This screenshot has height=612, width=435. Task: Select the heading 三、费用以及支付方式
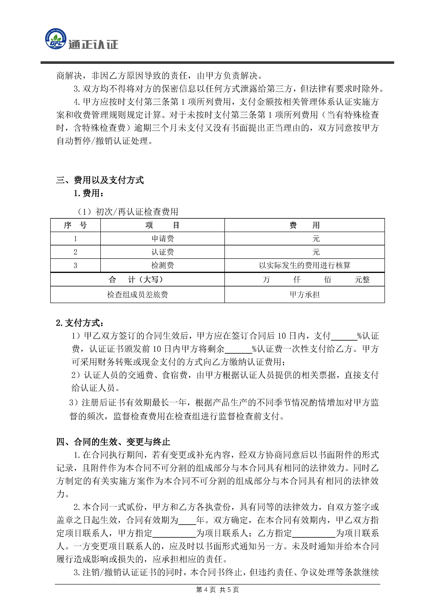click(100, 180)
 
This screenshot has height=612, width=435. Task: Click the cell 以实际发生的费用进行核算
click(305, 265)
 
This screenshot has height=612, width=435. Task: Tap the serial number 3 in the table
click(75, 265)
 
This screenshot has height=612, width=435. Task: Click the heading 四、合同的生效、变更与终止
click(113, 442)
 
